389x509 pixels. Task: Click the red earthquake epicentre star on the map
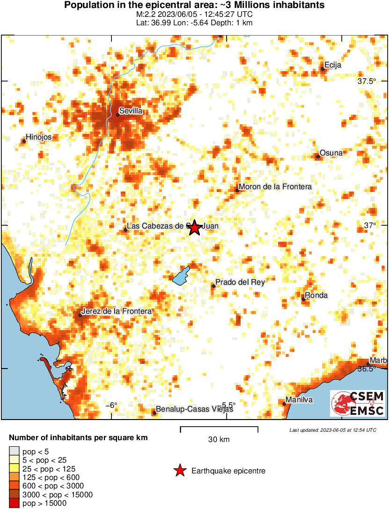[195, 228]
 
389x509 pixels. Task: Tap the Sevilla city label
[131, 111]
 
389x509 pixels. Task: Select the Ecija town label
[333, 66]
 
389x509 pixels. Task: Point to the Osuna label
[331, 153]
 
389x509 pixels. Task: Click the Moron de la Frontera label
[275, 187]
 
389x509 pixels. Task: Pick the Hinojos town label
[39, 137]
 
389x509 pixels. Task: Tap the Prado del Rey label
[240, 282]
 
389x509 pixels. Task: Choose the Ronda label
[316, 295]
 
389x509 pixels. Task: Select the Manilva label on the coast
[299, 400]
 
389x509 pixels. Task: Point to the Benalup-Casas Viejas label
[194, 409]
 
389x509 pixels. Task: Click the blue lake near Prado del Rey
[181, 276]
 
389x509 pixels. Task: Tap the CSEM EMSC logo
[358, 404]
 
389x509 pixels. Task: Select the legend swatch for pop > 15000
[14, 503]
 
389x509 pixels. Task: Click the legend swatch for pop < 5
[14, 452]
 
